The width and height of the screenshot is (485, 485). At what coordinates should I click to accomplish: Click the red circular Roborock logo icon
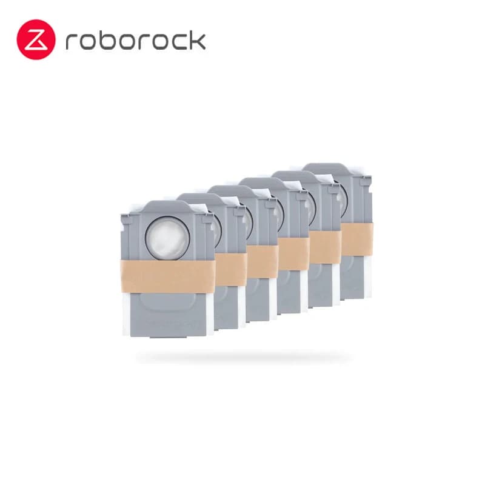click(36, 39)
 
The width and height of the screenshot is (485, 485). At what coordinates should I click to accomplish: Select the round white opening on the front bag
click(167, 238)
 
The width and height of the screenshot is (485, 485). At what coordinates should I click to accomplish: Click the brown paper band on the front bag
click(167, 276)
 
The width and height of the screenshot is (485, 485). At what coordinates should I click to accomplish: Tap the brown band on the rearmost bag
click(357, 239)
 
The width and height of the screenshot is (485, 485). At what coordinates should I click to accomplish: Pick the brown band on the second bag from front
click(231, 269)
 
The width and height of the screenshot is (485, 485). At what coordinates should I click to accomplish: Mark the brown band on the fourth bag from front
click(294, 254)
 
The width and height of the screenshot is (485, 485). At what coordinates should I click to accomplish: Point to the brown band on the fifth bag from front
click(326, 247)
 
